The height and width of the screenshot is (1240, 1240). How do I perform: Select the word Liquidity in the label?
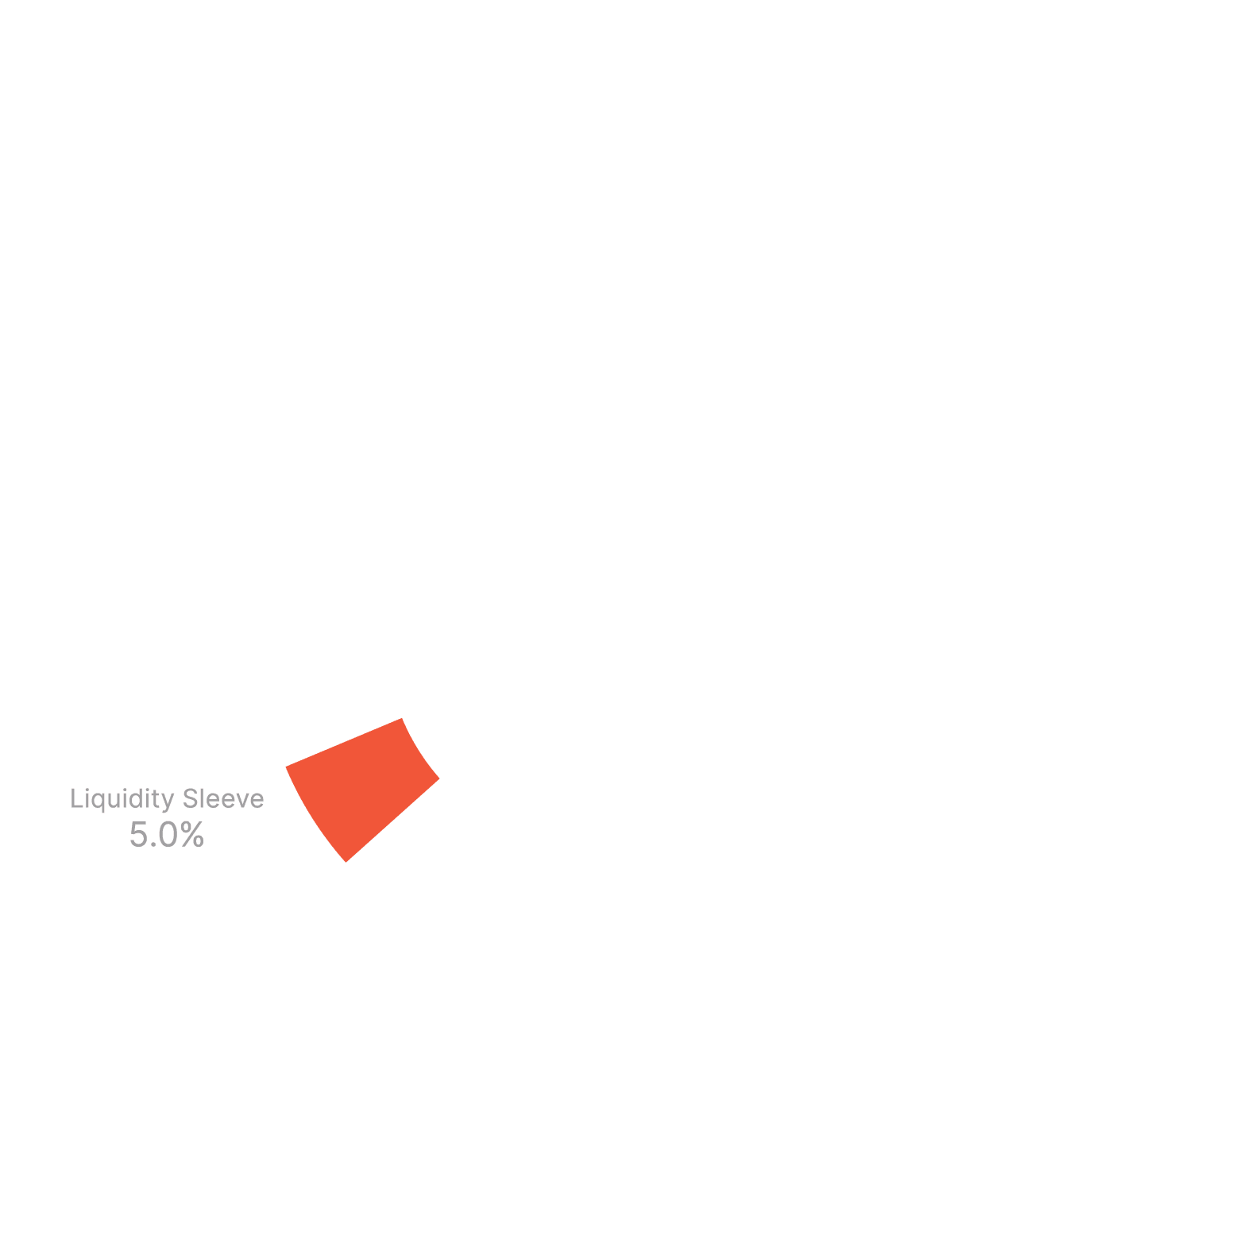click(122, 799)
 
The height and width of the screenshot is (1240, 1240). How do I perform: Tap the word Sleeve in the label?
click(223, 798)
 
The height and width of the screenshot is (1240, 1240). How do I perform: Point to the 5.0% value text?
click(167, 835)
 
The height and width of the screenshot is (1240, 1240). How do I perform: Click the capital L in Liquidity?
click(75, 798)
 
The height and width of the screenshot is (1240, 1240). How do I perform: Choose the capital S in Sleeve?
click(190, 798)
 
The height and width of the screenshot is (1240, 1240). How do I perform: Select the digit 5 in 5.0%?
click(138, 835)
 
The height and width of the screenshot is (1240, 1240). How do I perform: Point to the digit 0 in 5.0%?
click(168, 835)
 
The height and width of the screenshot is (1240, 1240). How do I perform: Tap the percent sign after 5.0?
click(192, 835)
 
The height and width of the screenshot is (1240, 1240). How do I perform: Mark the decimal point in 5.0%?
click(153, 845)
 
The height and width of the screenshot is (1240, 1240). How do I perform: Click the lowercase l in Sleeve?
click(203, 798)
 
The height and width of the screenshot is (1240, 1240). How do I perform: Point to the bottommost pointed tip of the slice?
click(346, 861)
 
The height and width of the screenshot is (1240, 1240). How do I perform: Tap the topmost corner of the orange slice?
click(402, 718)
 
